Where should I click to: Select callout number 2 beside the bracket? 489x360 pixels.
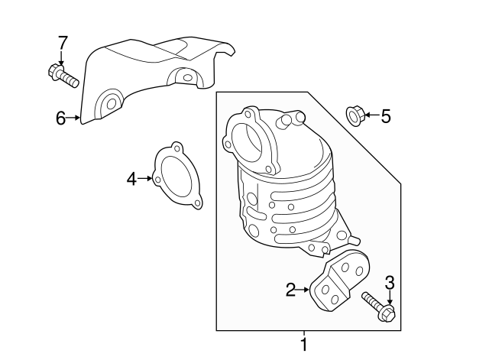pyautogui.click(x=290, y=289)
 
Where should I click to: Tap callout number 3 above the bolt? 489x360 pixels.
pyautogui.click(x=389, y=284)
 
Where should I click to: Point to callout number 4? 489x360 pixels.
pyautogui.click(x=131, y=179)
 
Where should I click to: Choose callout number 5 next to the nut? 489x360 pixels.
pyautogui.click(x=385, y=116)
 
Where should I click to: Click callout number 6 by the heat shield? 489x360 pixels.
pyautogui.click(x=61, y=118)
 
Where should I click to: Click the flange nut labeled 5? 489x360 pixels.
pyautogui.click(x=355, y=115)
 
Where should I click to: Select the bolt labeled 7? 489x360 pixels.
pyautogui.click(x=63, y=76)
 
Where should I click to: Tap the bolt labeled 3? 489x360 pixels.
pyautogui.click(x=378, y=306)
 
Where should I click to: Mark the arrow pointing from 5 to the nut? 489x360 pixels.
pyautogui.click(x=370, y=116)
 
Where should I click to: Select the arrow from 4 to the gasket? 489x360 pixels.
pyautogui.click(x=146, y=179)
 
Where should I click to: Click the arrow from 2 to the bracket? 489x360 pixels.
pyautogui.click(x=304, y=289)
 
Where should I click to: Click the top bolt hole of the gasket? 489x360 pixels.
pyautogui.click(x=177, y=147)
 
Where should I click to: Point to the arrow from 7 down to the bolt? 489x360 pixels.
pyautogui.click(x=62, y=57)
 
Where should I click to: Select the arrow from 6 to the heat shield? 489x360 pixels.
pyautogui.click(x=74, y=118)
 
